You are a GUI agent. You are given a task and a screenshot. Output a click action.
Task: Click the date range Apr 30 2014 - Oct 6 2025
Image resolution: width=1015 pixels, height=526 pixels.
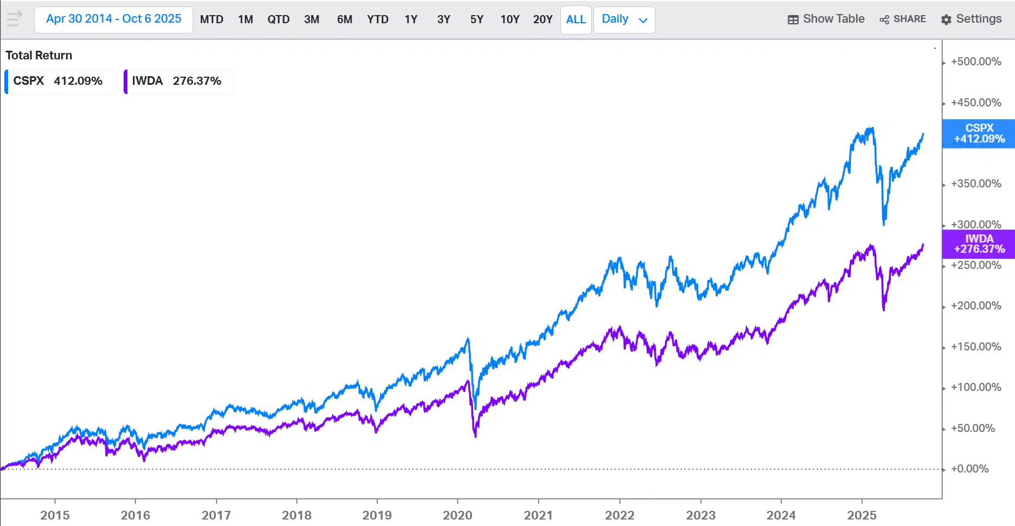[113, 19]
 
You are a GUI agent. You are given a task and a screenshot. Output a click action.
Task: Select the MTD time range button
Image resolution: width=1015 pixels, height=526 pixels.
[212, 19]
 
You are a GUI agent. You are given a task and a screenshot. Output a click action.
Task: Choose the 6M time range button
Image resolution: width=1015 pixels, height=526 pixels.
[344, 19]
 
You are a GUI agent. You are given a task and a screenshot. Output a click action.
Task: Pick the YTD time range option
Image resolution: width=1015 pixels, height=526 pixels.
[378, 19]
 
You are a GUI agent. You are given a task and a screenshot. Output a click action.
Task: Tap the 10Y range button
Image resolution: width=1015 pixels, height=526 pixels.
[510, 19]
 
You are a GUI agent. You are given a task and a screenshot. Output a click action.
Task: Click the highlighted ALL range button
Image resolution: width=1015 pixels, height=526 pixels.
[576, 19]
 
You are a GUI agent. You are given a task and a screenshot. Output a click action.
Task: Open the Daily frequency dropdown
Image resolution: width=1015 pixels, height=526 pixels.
[624, 19]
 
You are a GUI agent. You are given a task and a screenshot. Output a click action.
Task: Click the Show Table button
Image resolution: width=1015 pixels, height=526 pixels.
[826, 19]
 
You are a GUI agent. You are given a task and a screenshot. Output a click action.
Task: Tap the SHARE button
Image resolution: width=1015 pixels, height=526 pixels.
[903, 19]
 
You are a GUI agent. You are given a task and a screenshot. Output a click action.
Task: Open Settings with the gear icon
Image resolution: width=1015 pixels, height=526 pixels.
[971, 19]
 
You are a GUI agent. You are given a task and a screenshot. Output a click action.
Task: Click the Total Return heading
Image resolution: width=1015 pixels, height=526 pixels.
[39, 55]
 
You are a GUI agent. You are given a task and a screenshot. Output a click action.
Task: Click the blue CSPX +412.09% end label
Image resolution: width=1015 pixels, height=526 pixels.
[979, 133]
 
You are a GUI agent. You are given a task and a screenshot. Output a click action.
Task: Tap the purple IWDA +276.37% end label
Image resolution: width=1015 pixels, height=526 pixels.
[979, 244]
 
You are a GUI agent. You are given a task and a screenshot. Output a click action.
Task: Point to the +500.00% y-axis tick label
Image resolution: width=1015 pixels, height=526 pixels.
[976, 62]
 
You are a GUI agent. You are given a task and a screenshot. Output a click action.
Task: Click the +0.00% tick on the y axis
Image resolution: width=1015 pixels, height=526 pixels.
[970, 469]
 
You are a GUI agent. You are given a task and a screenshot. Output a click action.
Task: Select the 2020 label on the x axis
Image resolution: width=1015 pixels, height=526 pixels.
[457, 515]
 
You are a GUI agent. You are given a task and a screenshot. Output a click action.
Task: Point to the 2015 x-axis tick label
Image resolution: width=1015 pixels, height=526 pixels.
[55, 515]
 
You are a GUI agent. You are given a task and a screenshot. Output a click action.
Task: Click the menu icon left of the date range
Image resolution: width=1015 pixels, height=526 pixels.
[15, 19]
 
